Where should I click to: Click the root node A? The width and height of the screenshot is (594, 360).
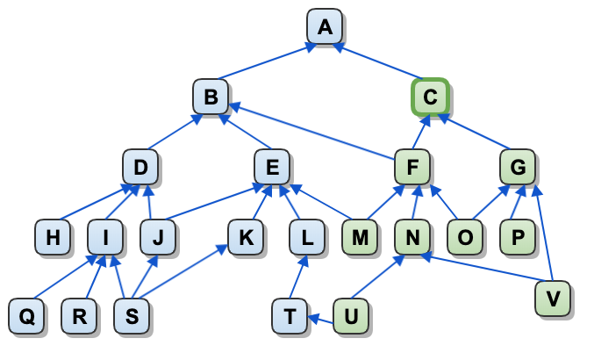325,26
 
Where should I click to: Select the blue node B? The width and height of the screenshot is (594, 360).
211,97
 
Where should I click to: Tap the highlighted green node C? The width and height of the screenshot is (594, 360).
430,97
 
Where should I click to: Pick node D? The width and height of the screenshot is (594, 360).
140,166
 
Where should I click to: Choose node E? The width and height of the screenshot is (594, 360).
272,166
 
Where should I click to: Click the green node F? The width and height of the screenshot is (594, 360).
412,166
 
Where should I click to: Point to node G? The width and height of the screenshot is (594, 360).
518,166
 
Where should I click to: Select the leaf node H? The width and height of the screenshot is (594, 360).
53,236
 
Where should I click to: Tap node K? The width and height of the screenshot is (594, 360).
246,236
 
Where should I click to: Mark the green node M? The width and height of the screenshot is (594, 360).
360,236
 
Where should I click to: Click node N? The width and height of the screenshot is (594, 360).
412,236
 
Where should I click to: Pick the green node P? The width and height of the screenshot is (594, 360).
518,236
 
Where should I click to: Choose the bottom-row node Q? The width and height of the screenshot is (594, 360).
26,315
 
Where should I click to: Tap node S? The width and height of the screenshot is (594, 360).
132,315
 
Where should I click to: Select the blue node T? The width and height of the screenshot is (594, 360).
290,315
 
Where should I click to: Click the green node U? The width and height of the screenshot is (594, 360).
351,315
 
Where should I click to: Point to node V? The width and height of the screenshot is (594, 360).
553,298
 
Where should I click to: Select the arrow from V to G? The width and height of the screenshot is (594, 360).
544,233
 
